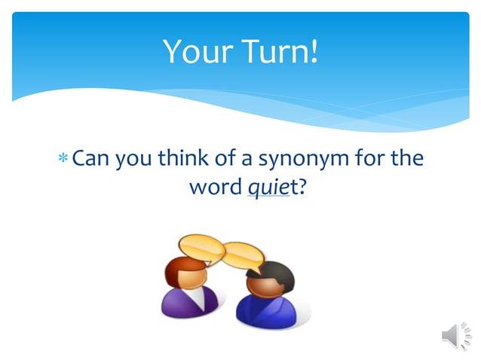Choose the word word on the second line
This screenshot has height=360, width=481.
click(x=215, y=185)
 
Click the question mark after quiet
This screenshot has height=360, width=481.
click(x=302, y=185)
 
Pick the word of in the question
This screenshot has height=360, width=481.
click(x=217, y=159)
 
